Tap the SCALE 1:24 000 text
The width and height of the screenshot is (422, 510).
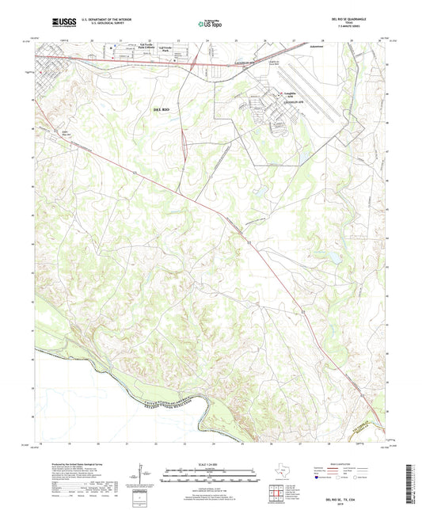click(x=211, y=462)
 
